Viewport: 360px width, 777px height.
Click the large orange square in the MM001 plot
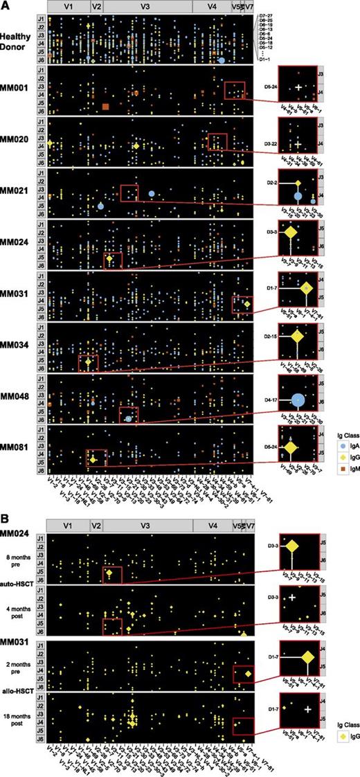tap(105, 106)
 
